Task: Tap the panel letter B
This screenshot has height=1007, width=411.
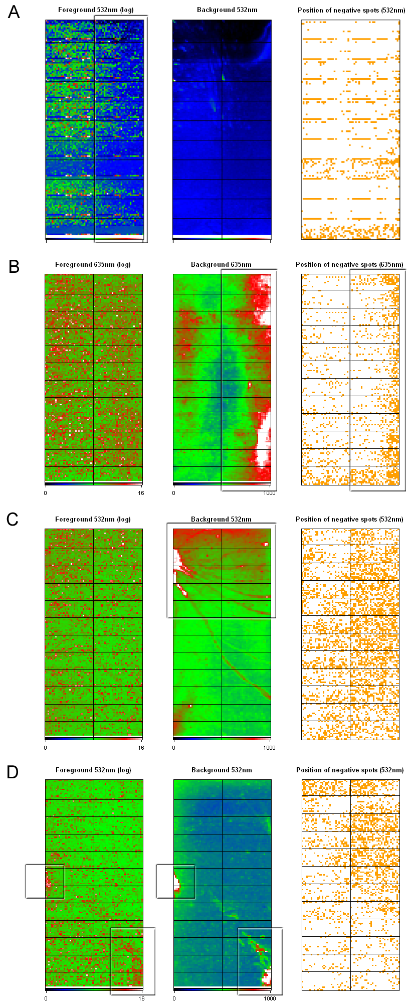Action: [x=14, y=266]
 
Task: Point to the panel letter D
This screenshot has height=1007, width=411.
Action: [x=13, y=772]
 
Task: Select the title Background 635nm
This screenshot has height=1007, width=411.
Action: [x=221, y=265]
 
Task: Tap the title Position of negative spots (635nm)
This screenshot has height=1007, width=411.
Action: [x=350, y=265]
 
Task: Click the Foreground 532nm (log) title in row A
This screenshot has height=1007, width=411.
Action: [x=96, y=10]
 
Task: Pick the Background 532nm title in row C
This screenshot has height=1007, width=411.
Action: [x=221, y=520]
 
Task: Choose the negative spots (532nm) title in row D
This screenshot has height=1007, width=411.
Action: [x=350, y=770]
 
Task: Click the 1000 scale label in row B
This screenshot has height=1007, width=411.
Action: [x=269, y=493]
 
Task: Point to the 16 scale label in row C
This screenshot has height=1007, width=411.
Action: [x=141, y=748]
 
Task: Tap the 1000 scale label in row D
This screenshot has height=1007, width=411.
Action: [x=269, y=998]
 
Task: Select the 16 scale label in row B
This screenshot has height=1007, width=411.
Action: [x=141, y=493]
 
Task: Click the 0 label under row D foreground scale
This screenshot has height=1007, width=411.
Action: [x=46, y=998]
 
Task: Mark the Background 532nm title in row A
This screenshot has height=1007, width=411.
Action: [x=227, y=10]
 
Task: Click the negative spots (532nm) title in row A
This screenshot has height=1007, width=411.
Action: [x=351, y=11]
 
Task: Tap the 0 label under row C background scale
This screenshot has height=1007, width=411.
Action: [x=174, y=748]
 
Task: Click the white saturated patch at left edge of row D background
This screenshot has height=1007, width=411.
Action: [x=177, y=882]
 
